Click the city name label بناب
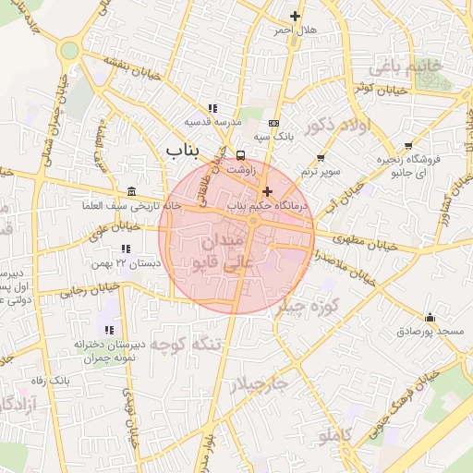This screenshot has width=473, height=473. [x=185, y=148]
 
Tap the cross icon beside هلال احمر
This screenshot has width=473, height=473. [x=296, y=16]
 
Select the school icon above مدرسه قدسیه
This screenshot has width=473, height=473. [x=213, y=109]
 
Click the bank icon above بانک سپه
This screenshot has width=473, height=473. [x=273, y=123]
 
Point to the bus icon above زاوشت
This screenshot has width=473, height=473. [x=241, y=155]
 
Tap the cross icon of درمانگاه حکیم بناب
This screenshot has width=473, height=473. [x=268, y=191]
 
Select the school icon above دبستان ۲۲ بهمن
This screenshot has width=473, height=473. [x=126, y=249]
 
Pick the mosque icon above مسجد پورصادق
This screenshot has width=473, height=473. [x=430, y=317]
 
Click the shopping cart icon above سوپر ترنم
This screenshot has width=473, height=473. [x=321, y=158]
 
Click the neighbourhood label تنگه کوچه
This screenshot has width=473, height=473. [x=188, y=345]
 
